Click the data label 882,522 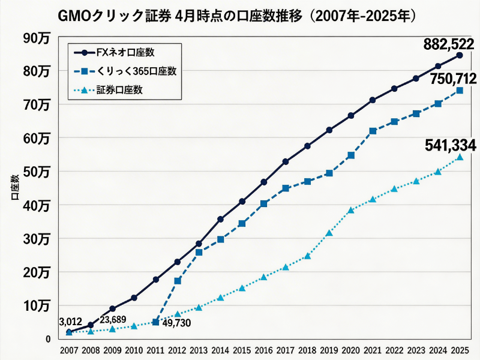[x=449, y=45]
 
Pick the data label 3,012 [x=71, y=321]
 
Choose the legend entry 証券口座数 [x=123, y=91]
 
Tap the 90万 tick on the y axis [x=37, y=38]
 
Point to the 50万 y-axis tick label [x=37, y=172]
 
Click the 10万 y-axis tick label [x=37, y=305]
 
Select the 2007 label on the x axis [x=68, y=349]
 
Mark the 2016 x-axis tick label [x=264, y=349]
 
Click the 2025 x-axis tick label [x=460, y=349]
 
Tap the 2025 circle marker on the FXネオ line [x=460, y=55]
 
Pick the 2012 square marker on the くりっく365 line [x=178, y=281]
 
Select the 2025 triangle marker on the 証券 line [x=460, y=157]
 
